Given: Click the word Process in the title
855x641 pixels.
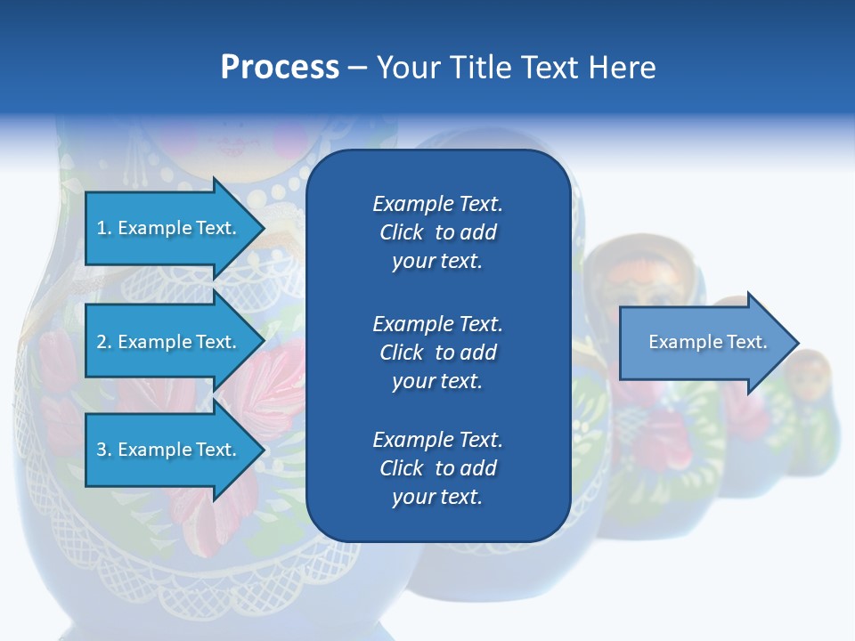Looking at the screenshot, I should (x=280, y=68).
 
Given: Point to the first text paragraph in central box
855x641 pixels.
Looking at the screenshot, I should (x=437, y=232).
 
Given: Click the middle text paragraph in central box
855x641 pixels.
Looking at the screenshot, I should (x=437, y=352).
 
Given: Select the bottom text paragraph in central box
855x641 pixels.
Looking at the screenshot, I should (x=437, y=468).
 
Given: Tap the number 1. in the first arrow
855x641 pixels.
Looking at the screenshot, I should (x=104, y=228).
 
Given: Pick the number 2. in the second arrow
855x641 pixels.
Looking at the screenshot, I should (x=104, y=342).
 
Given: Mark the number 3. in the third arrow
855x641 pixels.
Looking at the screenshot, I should (x=104, y=450).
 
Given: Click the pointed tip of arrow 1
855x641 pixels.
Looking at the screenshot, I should (x=262, y=228).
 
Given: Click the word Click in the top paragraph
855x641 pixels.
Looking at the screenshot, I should (x=401, y=232).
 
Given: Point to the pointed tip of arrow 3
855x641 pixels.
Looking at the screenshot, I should (x=262, y=450).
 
